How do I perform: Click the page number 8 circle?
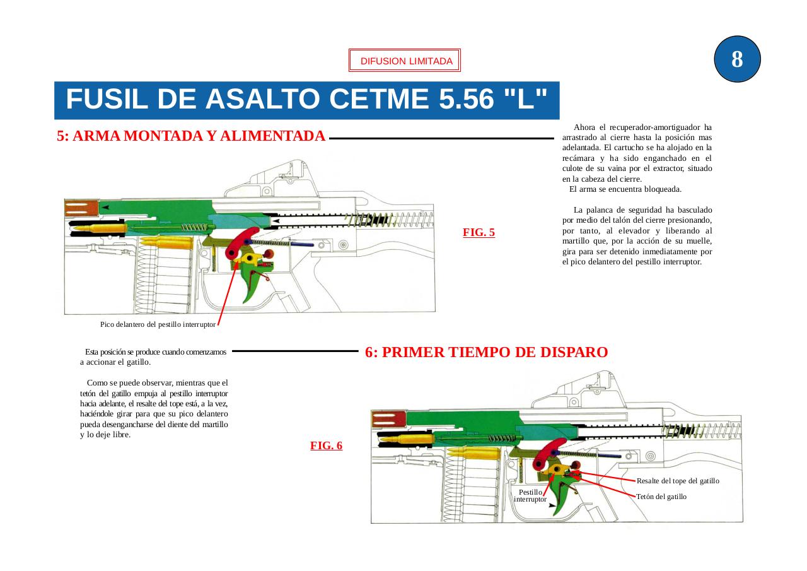pos(737,59)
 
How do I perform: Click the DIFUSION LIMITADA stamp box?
pos(405,61)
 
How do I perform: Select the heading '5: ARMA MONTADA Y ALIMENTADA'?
pos(191,136)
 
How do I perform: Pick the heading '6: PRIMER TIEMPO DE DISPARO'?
pos(486,353)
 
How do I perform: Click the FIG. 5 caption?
pos(479,232)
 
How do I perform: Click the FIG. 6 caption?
pos(326,445)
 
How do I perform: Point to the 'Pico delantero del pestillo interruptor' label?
pos(158,324)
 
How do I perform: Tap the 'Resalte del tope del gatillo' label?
pos(678,481)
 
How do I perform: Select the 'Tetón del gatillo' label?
pos(661,497)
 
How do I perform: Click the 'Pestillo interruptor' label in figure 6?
pos(530,495)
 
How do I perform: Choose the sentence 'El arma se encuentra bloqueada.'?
pos(625,189)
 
